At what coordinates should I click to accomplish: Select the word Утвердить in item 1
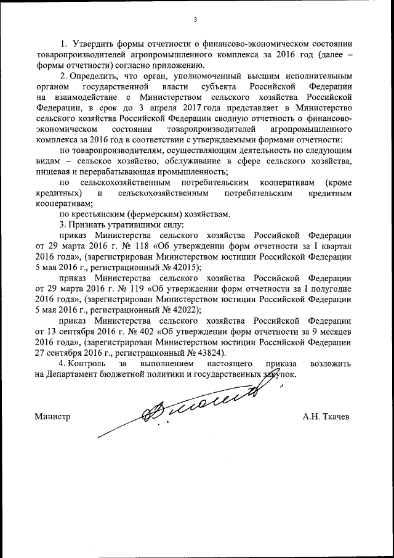click(x=92, y=44)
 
